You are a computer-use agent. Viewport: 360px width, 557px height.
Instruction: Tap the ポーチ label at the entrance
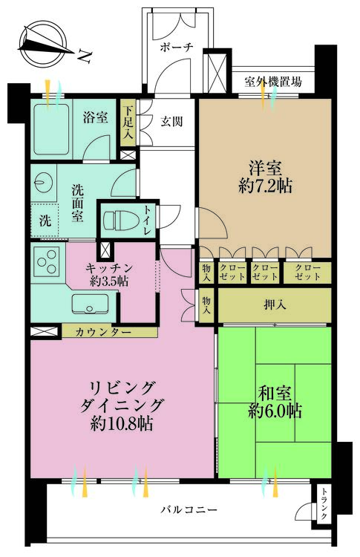coord(177,47)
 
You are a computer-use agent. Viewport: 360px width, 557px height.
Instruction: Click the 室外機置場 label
coord(273,82)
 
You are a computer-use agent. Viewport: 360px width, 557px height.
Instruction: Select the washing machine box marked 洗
coord(45,221)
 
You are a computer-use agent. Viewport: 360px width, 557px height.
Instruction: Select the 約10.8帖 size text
coord(122,424)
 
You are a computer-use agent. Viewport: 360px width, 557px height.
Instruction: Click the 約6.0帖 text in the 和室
coord(274,410)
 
